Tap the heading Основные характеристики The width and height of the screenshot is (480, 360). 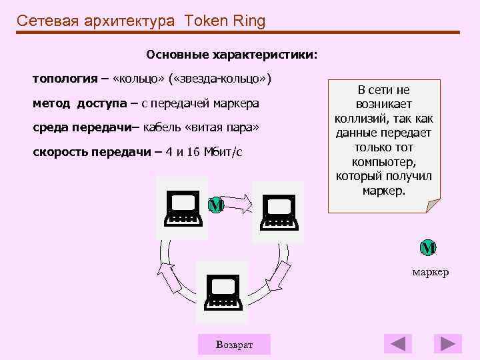pyautogui.click(x=232, y=53)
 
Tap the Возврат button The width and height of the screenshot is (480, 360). pyautogui.click(x=234, y=344)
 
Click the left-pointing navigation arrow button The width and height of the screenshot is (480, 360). pyautogui.click(x=398, y=344)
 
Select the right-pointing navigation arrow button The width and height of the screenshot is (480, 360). pyautogui.click(x=447, y=344)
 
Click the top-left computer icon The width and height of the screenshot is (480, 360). pyautogui.click(x=182, y=208)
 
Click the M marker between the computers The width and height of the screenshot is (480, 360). pyautogui.click(x=215, y=205)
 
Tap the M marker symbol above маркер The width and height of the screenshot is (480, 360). pyautogui.click(x=427, y=248)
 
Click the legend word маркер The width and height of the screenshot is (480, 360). pyautogui.click(x=430, y=272)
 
